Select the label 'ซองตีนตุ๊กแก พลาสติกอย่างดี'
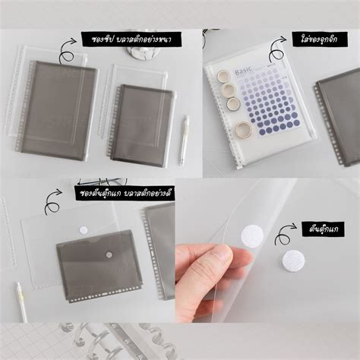(125, 193)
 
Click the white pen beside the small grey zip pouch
(183, 140)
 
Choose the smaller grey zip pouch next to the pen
(143, 125)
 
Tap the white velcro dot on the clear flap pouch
(84, 229)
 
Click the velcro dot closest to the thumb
(252, 235)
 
